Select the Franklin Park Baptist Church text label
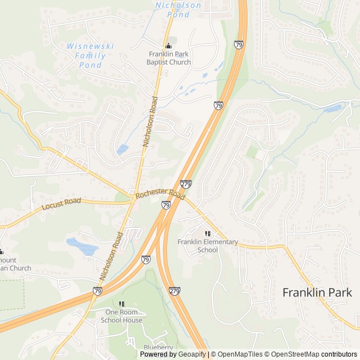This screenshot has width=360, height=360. [x=169, y=58]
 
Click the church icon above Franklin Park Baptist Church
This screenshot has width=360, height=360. [x=168, y=46]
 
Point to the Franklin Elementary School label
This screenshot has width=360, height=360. [x=208, y=246]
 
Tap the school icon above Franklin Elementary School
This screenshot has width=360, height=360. [x=208, y=233]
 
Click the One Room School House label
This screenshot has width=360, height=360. [x=121, y=316]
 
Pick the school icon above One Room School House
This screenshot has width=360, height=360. [x=121, y=304]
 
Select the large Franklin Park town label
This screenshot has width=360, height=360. [x=317, y=292]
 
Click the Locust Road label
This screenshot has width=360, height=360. [x=61, y=204]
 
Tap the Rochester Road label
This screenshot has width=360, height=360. [x=160, y=195]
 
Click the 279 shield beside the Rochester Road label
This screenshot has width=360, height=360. [x=186, y=184]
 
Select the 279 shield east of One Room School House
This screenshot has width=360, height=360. [x=174, y=291]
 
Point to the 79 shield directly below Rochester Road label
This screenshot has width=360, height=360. [x=166, y=206]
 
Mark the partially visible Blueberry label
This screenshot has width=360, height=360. [x=158, y=348]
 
